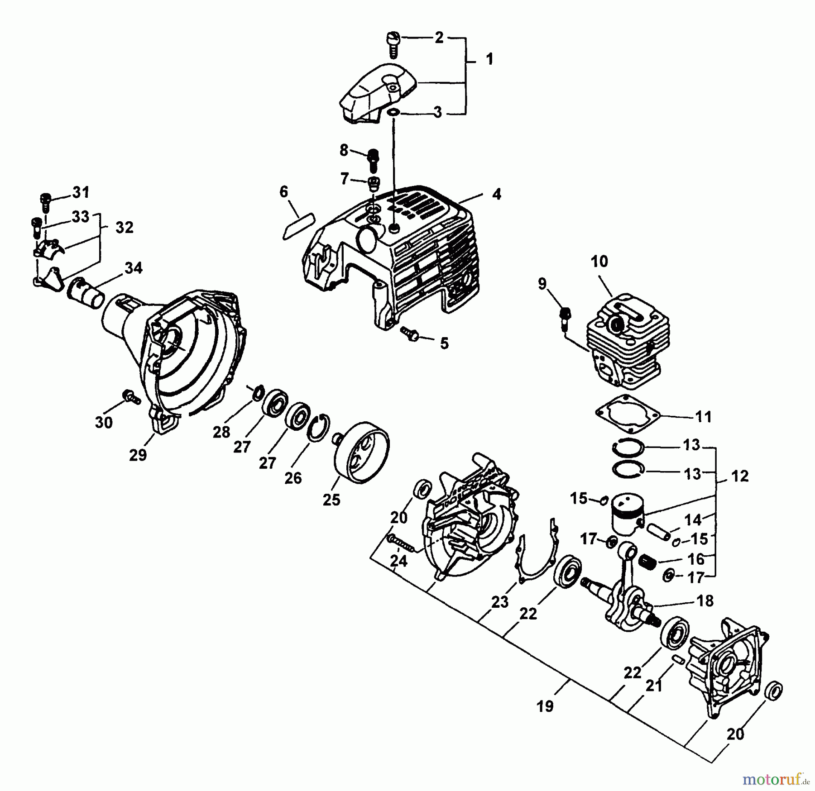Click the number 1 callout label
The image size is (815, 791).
point(489,59)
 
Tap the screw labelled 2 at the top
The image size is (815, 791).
point(393,44)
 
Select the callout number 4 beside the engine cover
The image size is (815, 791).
point(497,194)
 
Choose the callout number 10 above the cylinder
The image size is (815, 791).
point(599,262)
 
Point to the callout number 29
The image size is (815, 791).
point(138,455)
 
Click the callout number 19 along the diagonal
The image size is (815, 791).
point(545,706)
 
